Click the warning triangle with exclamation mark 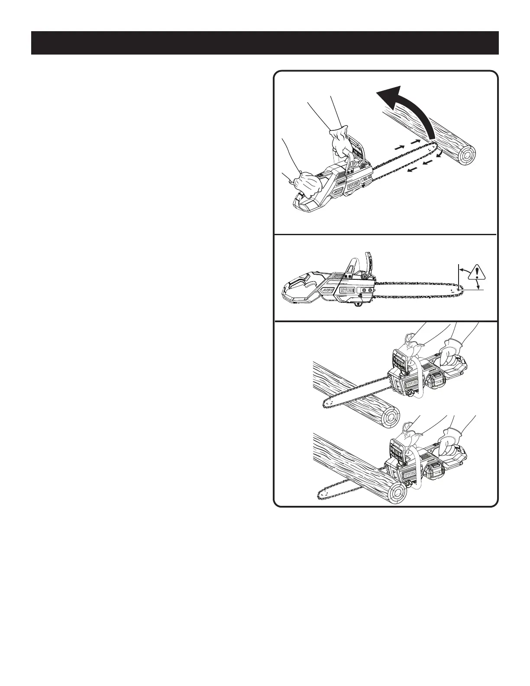tap(478, 272)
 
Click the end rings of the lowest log tap(397, 493)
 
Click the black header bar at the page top tap(265, 43)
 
